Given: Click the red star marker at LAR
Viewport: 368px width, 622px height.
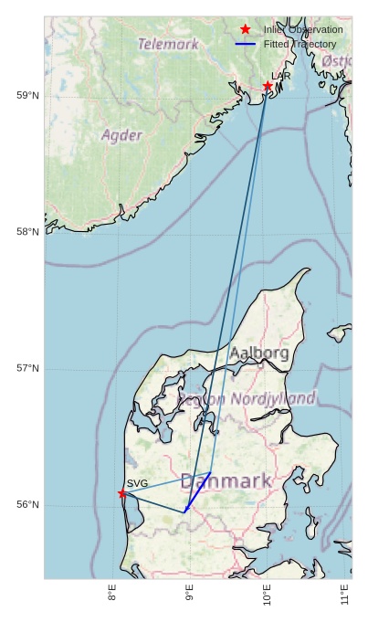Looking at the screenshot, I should click(268, 86).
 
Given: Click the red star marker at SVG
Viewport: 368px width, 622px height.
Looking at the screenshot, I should click(122, 493).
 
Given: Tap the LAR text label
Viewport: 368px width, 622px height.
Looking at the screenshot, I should click(281, 76).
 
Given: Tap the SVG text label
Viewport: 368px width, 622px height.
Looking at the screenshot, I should click(137, 483).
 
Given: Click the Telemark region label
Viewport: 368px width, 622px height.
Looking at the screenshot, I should click(168, 43).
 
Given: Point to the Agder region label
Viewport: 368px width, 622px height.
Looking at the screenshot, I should click(121, 135).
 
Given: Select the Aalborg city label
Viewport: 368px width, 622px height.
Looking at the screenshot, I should click(259, 353).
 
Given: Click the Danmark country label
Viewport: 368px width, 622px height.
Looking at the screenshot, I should click(226, 480).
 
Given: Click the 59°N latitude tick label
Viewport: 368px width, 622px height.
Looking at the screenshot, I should click(27, 95).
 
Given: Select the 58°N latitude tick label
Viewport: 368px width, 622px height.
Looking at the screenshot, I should click(27, 232).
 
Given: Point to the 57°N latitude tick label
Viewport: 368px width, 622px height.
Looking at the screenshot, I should click(27, 368).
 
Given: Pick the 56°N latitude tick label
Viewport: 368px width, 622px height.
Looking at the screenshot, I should click(27, 505).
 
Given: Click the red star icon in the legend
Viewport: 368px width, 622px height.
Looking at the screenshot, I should click(245, 29).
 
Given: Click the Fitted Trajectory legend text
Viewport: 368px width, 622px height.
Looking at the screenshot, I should click(300, 44).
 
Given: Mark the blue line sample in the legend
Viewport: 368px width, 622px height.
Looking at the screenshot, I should click(245, 44).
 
